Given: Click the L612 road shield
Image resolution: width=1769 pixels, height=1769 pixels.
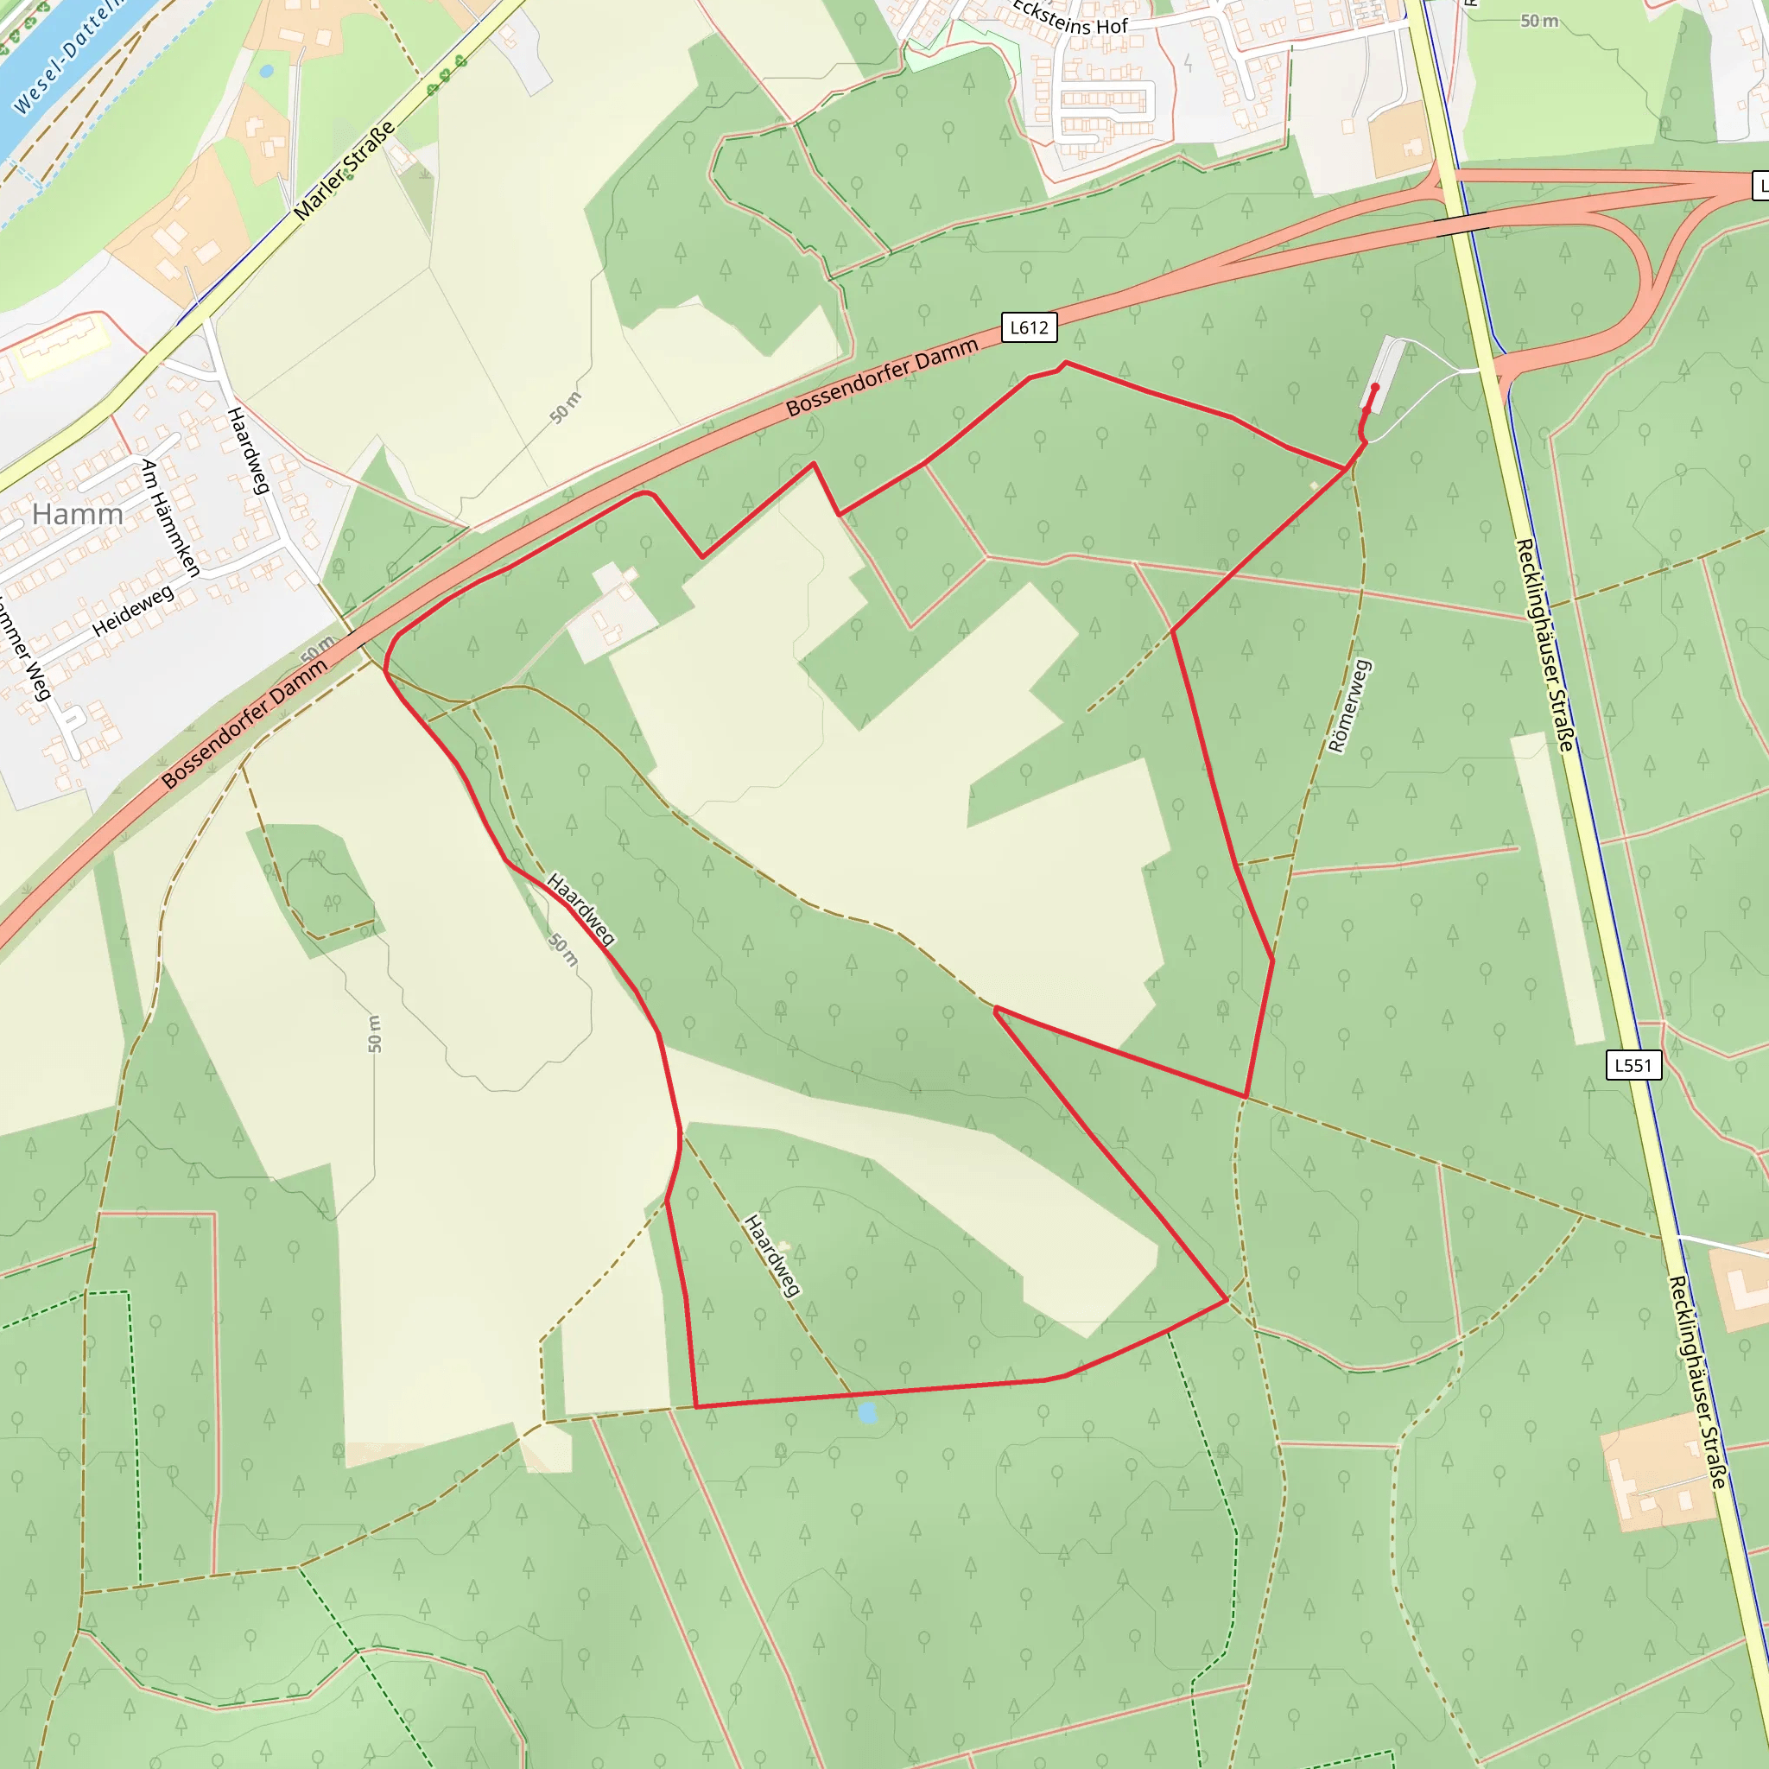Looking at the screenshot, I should coord(1029,327).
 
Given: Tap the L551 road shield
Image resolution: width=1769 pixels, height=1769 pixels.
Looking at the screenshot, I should coord(1633,1065).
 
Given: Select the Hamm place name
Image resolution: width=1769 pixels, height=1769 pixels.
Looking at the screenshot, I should coord(78,515).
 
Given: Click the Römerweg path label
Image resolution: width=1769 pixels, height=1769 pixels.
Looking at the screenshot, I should coord(1350,706).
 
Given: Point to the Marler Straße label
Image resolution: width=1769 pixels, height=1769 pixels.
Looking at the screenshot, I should coord(345,170).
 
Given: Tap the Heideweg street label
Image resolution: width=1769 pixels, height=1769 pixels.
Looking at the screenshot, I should coord(133,611).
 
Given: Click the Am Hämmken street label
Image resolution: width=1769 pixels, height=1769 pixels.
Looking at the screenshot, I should coord(170,518).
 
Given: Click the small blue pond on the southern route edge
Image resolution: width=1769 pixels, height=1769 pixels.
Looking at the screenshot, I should coord(867,1414).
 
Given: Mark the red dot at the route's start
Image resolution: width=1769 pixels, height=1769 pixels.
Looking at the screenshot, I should coord(1374,387).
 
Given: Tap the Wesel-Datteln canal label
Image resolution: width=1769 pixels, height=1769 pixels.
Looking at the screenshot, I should coord(69,57).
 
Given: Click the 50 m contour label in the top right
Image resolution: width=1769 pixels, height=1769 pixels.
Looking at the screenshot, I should coord(1539,21).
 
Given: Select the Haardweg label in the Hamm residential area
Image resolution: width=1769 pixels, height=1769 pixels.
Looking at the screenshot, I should coord(248,451).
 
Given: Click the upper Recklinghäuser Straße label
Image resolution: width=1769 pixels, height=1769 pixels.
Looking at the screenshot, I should coord(1544,644).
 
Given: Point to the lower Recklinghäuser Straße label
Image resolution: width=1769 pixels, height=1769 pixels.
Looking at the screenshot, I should coord(1696,1381).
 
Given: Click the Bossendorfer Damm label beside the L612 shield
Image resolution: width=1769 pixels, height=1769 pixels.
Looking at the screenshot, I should coord(882,377).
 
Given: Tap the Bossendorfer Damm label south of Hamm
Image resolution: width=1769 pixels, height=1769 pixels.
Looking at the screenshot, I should coord(244,723).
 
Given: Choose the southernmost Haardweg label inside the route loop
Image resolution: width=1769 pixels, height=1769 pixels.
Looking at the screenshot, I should coord(773,1255).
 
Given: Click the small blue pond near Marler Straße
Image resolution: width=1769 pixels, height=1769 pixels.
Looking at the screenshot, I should coord(266,71).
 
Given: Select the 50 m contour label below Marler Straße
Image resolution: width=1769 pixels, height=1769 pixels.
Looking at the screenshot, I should coord(566,408).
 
